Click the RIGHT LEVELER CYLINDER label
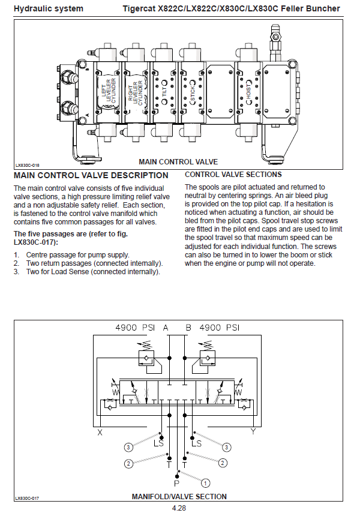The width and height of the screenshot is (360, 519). click(136, 92)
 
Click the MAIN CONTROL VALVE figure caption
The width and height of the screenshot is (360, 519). click(178, 162)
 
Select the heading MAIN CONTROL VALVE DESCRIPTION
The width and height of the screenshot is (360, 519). click(91, 176)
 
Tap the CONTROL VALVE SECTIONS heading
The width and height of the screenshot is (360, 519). click(233, 175)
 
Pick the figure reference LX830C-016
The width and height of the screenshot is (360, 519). click(28, 164)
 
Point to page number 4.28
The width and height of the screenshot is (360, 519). click(178, 508)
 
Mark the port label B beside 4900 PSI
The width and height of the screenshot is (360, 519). click(188, 328)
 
